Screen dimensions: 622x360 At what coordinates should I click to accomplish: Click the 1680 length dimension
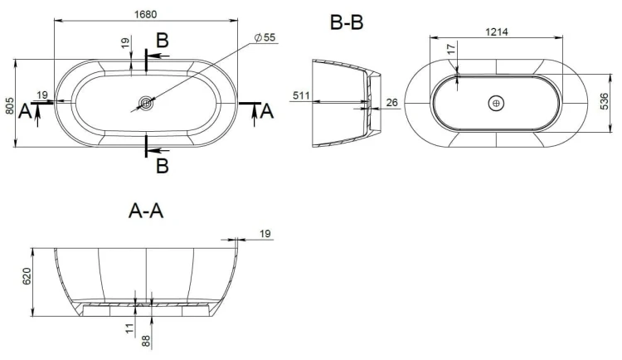pos(146,14)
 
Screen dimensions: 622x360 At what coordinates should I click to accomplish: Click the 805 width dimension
pos(10,106)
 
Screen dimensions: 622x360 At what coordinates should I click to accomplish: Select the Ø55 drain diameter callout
pos(265,37)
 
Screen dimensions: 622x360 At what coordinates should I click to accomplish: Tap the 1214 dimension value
pos(497,32)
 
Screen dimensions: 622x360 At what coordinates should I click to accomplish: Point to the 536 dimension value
pos(604,101)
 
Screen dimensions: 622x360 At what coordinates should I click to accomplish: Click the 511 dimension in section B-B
pos(301,95)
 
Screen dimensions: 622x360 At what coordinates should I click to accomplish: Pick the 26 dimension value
pos(392,102)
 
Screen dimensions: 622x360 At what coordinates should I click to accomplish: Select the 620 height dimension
pos(27,276)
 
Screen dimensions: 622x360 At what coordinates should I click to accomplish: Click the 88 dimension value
pos(146,341)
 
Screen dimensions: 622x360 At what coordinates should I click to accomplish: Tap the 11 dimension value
pos(129,328)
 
